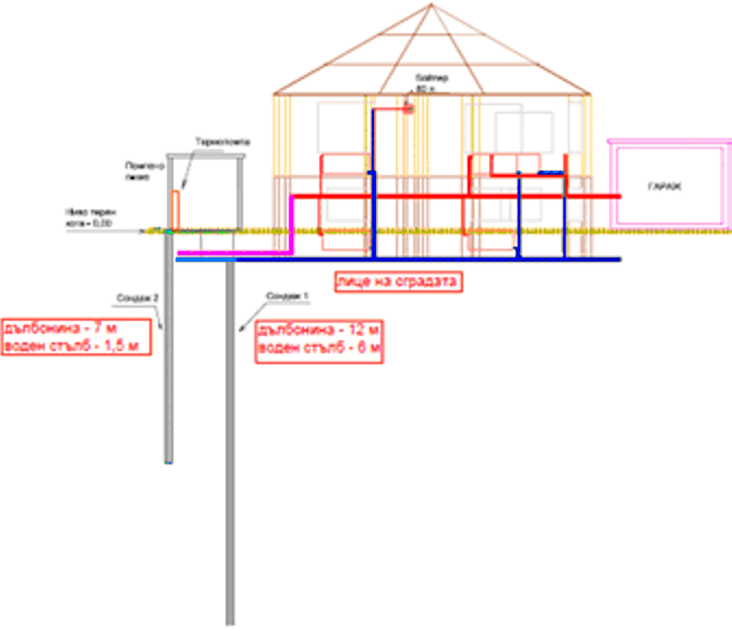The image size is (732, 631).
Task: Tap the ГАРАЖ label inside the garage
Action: tap(665, 186)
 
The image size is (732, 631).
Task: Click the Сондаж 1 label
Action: tap(287, 296)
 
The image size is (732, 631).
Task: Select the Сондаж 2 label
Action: tap(137, 298)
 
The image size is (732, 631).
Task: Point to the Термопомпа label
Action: tap(222, 142)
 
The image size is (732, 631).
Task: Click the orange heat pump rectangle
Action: tap(176, 210)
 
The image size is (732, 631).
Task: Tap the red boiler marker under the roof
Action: tap(408, 109)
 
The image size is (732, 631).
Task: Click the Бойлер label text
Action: tap(432, 79)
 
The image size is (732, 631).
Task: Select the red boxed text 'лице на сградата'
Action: tap(398, 282)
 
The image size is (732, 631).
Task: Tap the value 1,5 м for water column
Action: tap(121, 346)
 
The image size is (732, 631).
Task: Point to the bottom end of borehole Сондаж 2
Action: tap(168, 462)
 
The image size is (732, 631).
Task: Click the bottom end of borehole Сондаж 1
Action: tap(230, 623)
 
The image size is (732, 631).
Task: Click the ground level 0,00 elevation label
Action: tap(89, 223)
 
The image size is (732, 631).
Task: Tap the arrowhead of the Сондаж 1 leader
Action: tap(241, 330)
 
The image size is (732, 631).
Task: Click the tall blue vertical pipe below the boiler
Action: tap(373, 183)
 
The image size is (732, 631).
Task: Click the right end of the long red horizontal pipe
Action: tap(619, 196)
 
